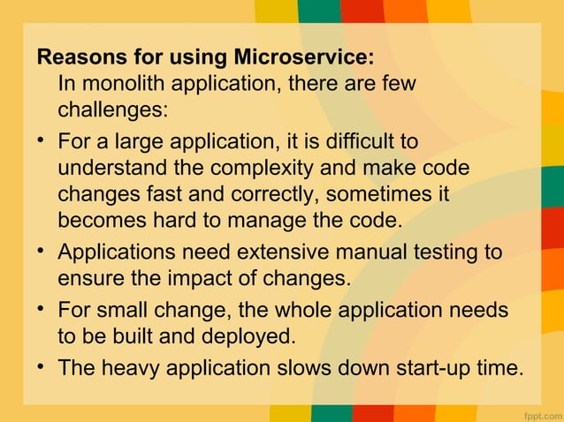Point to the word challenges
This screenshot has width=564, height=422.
click(111, 111)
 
